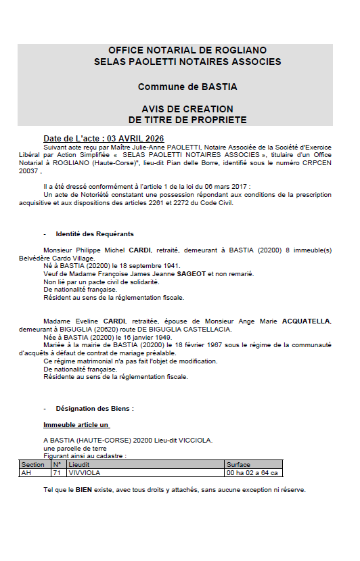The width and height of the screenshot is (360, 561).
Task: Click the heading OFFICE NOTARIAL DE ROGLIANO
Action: pos(187,51)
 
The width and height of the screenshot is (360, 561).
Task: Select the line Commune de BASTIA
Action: pos(187,87)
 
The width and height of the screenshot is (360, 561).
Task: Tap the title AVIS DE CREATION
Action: pos(187,109)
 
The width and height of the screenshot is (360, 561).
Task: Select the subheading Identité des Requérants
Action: pos(94,233)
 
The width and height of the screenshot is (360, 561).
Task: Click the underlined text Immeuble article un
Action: pos(76,425)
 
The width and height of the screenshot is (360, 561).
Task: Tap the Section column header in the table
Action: pos(32,465)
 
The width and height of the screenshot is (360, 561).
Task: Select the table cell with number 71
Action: pos(57,473)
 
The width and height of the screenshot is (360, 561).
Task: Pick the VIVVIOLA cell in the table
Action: pos(85,473)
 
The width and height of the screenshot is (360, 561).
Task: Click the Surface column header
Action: pos(239,465)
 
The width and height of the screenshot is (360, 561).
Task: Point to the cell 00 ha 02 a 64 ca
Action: pos(252,473)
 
